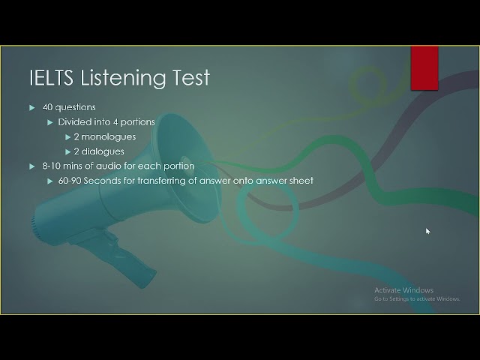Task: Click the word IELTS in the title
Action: click(52, 78)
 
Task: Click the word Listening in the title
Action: click(122, 78)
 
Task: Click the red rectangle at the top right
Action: click(424, 68)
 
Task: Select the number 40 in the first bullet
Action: click(47, 107)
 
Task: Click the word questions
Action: click(75, 107)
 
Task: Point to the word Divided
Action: click(74, 121)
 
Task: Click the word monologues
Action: click(109, 136)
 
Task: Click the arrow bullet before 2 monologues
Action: click(67, 136)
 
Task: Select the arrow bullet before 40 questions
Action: click(32, 107)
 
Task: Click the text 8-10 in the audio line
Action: click(52, 166)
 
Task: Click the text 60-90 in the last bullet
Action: click(69, 181)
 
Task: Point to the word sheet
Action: click(301, 181)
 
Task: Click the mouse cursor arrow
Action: click(427, 231)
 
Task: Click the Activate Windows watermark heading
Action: click(403, 290)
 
